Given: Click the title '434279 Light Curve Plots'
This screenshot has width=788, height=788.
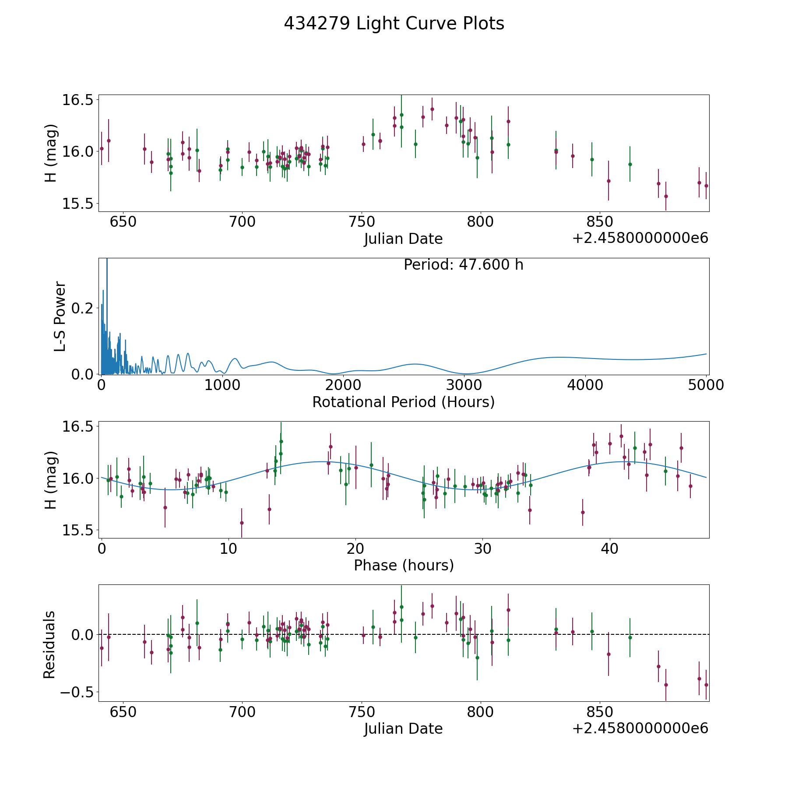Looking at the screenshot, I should tap(394, 24).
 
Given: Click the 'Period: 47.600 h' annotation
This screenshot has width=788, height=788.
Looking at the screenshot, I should tap(463, 265).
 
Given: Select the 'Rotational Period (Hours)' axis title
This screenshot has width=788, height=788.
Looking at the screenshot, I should tap(403, 402).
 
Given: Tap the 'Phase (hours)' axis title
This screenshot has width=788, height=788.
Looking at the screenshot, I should tap(404, 565).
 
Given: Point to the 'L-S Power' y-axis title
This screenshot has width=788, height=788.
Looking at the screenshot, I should tap(60, 316).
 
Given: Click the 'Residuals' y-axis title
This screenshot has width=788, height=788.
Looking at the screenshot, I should tap(49, 644).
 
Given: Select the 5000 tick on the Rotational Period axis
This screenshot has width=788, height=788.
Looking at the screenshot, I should tap(706, 385).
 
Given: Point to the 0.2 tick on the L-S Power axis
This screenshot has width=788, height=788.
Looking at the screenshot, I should tap(83, 308).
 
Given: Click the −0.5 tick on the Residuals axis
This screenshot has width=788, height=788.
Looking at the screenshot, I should tap(77, 692).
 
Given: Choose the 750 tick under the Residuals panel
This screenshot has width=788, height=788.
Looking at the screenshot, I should tap(362, 712).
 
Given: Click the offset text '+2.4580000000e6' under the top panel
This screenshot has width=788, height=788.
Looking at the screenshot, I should tap(640, 238).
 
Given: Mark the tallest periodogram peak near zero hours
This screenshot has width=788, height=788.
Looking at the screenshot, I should tap(107, 261).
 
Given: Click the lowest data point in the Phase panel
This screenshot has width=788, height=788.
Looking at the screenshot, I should tap(242, 523).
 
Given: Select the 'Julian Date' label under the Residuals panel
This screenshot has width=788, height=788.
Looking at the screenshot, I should tap(403, 728).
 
